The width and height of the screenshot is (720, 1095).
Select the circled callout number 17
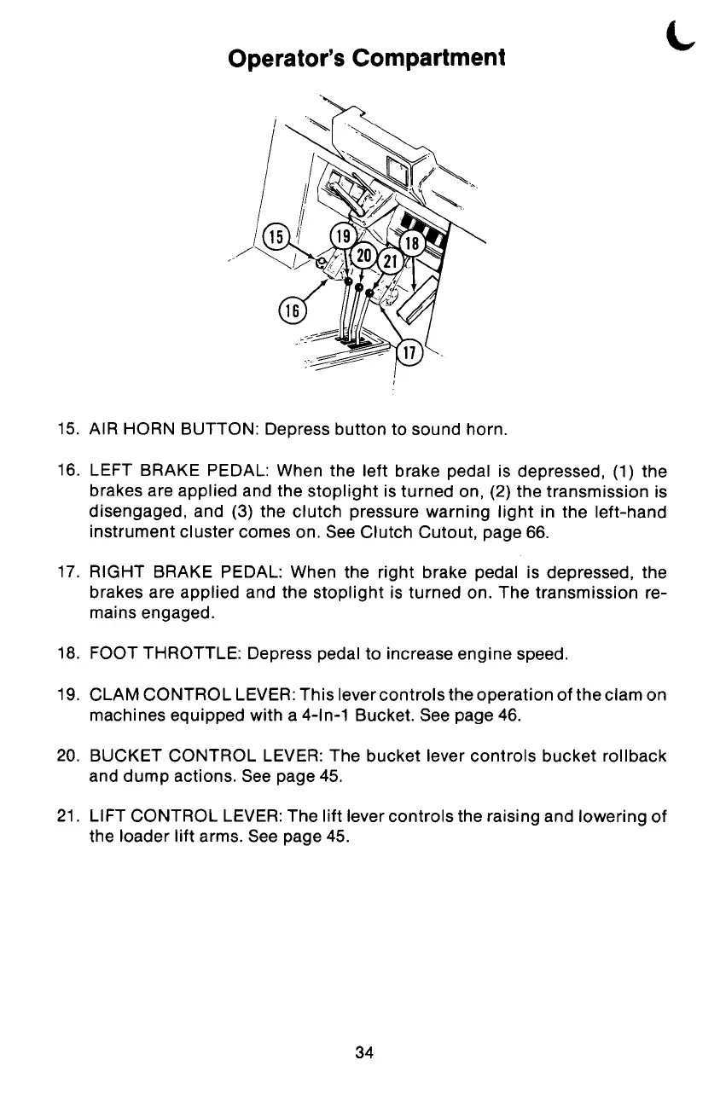click(409, 351)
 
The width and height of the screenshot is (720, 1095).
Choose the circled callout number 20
click(364, 256)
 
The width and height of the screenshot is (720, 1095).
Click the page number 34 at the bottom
click(364, 1052)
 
